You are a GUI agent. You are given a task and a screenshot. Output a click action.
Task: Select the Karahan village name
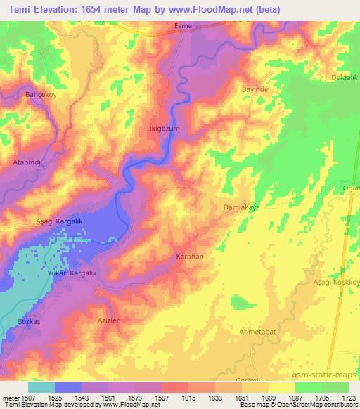tap(190, 257)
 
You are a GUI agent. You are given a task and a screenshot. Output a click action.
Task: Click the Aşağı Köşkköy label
tap(336, 282)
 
